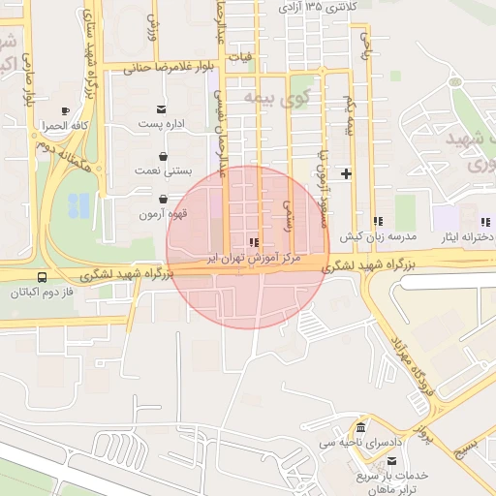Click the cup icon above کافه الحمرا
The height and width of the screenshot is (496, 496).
(x=65, y=111)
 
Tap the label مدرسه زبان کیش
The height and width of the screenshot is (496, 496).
(x=377, y=236)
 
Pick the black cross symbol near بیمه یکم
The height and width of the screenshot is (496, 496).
(x=346, y=174)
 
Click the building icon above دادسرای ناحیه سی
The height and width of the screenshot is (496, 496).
(x=362, y=428)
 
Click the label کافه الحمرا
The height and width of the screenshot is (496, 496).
(x=65, y=126)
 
